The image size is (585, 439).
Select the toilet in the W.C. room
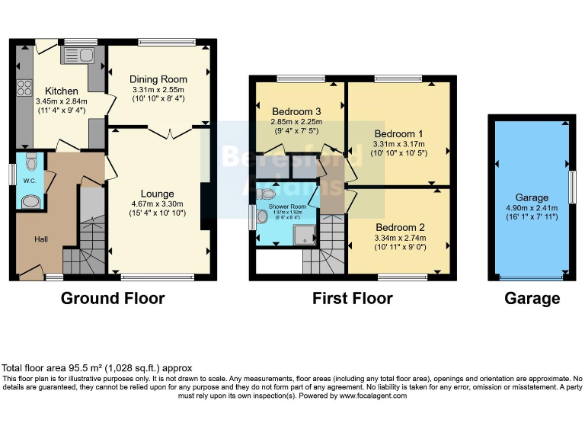point(30,162)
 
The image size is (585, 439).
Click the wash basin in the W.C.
point(30,201)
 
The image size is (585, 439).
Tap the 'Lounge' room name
point(157,194)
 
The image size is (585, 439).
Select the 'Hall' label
point(43,239)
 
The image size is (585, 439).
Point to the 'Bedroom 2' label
point(400,227)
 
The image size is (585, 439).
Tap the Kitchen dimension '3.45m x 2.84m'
point(62,101)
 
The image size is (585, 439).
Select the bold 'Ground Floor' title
point(113,298)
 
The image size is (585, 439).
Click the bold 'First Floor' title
point(352,298)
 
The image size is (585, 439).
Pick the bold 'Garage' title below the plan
point(532,298)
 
